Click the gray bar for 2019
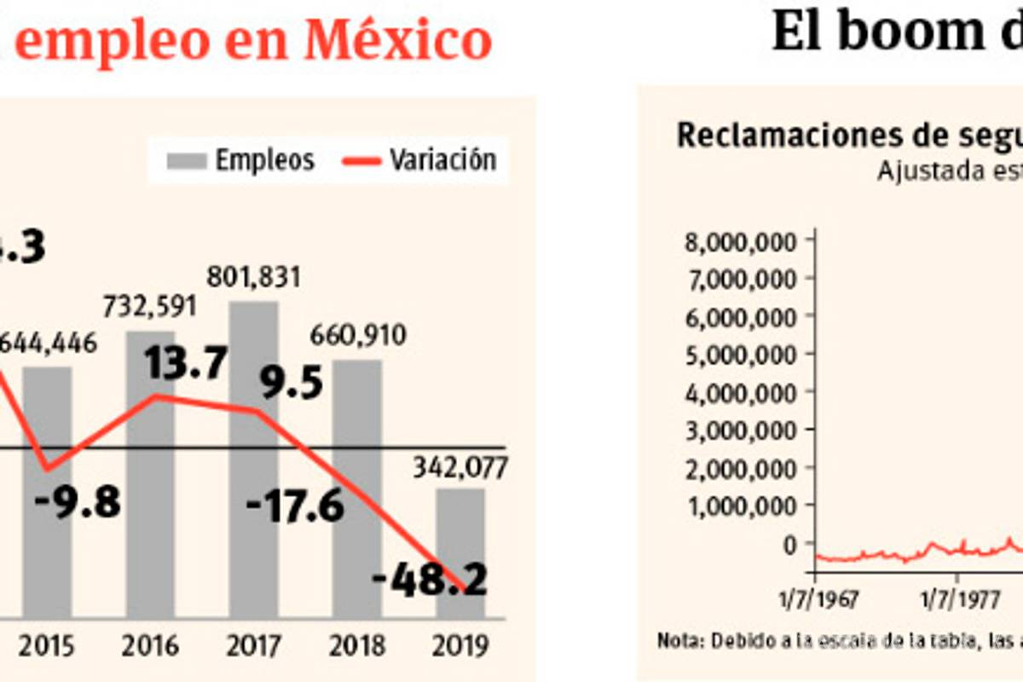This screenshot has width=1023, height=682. [x=460, y=554]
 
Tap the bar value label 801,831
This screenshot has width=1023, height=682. [x=253, y=279]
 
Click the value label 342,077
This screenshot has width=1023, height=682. [x=460, y=468]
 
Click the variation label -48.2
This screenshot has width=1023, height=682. [x=431, y=582]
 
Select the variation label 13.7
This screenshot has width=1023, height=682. [x=185, y=365]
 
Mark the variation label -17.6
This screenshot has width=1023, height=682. [x=295, y=508]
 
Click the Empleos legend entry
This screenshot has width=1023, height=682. [x=241, y=160]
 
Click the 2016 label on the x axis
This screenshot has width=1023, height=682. [x=150, y=645]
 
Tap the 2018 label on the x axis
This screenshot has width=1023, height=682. [x=356, y=645]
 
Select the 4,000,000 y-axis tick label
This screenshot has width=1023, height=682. [x=740, y=392]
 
